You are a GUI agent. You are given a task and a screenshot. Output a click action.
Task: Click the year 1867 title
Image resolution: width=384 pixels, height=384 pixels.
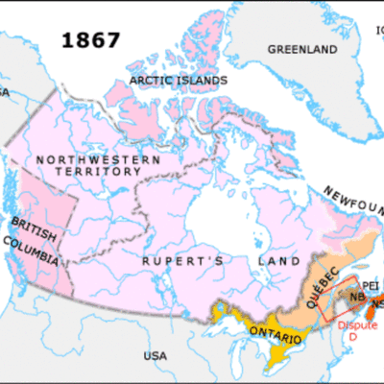91,39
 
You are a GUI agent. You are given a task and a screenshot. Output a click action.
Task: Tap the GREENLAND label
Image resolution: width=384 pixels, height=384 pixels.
295,48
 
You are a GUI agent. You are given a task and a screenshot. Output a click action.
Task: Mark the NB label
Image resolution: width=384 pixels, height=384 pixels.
357,298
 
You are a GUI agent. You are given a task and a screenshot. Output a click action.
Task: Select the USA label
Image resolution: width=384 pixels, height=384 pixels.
153,356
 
